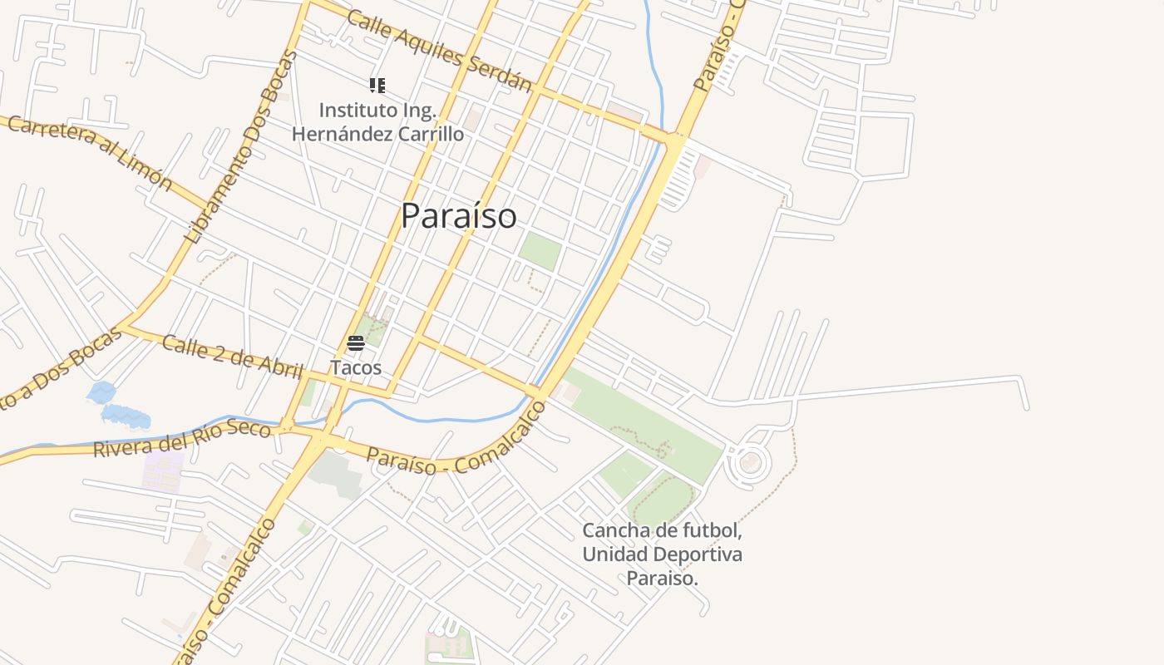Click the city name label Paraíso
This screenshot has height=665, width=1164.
[x=458, y=216]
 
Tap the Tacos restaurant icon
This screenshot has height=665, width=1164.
[x=356, y=343]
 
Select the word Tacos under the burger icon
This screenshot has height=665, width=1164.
[x=356, y=367]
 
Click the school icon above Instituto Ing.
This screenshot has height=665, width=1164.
[x=377, y=85]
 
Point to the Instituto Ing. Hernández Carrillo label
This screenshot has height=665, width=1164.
[x=378, y=121]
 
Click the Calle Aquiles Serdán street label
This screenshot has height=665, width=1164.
[x=439, y=51]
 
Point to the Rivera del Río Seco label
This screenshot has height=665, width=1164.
[x=182, y=438]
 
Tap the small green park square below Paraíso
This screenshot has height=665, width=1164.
[x=540, y=250]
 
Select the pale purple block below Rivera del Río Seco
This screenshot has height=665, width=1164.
[x=163, y=471]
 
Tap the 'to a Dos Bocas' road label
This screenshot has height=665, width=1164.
[x=58, y=370]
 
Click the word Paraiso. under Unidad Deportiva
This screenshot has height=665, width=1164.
[x=662, y=579]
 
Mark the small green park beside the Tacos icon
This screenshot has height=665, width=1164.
[x=373, y=330]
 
